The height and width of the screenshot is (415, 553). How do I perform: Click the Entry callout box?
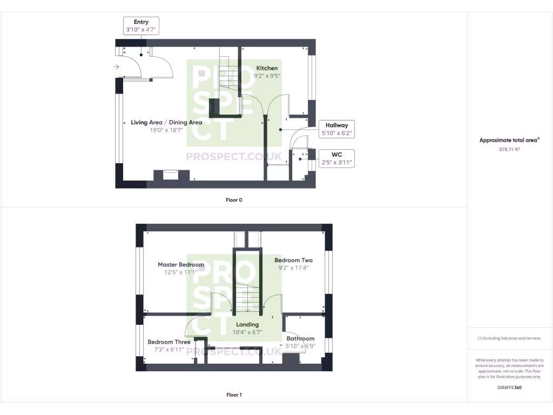coord(141,26)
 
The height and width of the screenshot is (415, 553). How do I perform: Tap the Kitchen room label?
coord(267,68)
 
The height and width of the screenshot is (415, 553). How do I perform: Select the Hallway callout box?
coord(336,129)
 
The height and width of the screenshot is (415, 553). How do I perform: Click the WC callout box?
coord(336,158)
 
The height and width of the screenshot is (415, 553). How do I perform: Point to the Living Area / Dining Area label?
coord(166,123)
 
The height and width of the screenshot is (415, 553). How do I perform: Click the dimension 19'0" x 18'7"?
coord(166,130)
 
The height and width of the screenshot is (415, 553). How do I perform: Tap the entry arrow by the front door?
coord(117,66)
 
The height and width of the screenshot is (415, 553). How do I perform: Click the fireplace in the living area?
coord(171,175)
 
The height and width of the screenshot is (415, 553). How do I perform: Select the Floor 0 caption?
coord(234,200)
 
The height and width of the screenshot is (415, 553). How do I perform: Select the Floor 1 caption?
coord(234,395)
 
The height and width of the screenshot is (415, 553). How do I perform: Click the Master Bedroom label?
coord(181,265)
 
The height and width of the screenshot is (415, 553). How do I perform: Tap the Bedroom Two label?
coord(293,260)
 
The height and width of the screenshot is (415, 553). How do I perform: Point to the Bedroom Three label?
coord(169,342)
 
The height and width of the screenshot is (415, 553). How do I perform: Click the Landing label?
coord(247,325)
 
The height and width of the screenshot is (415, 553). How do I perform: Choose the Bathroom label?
coord(300,339)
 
